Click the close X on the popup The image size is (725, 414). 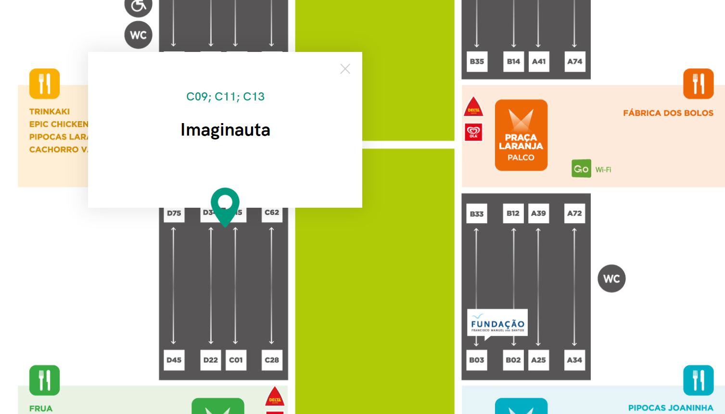click(345, 69)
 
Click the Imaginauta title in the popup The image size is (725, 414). click(225, 130)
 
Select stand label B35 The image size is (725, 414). click(477, 62)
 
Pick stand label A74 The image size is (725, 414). click(574, 62)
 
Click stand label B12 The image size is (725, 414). click(513, 213)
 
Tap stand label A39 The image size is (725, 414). click(538, 213)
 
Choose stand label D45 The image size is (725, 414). click(174, 360)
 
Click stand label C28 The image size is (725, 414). click(272, 360)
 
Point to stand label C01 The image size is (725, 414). click(236, 360)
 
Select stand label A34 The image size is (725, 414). click(574, 360)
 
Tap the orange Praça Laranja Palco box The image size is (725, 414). click(521, 135)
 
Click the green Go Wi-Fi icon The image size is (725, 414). click(581, 169)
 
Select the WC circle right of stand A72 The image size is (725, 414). click(611, 278)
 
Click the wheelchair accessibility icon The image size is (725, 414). click(139, 6)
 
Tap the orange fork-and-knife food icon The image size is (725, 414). click(698, 84)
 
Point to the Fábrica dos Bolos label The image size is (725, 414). click(668, 113)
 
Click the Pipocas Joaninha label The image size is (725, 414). click(670, 408)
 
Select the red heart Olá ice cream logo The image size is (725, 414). click(473, 132)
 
